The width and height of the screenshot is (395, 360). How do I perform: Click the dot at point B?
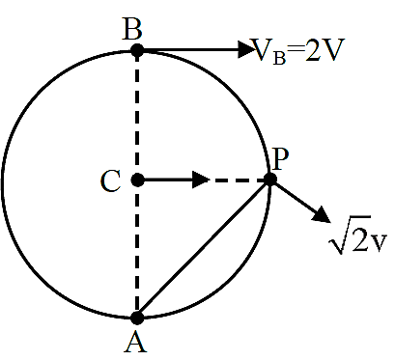(x=137, y=50)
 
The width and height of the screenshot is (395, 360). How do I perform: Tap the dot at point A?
(x=137, y=318)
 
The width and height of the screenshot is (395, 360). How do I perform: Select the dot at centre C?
(x=138, y=180)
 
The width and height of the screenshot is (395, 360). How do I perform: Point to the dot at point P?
(x=270, y=180)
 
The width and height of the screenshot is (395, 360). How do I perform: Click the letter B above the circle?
(x=132, y=29)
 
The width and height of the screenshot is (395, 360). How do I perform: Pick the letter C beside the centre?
(x=111, y=181)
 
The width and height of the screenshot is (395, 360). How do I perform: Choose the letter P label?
(x=280, y=159)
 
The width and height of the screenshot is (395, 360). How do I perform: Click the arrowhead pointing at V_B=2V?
(x=246, y=49)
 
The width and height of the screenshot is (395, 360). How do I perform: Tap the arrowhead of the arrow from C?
(x=201, y=180)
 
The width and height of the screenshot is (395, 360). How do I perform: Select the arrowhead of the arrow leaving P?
(x=322, y=214)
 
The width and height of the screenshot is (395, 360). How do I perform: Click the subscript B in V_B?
(x=279, y=58)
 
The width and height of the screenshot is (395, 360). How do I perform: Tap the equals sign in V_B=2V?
(x=296, y=50)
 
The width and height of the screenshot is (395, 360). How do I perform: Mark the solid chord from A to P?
(x=204, y=249)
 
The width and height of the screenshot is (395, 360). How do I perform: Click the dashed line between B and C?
(x=137, y=115)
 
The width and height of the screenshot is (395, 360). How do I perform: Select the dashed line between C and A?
(x=137, y=249)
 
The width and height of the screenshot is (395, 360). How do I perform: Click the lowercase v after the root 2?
(x=379, y=243)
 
